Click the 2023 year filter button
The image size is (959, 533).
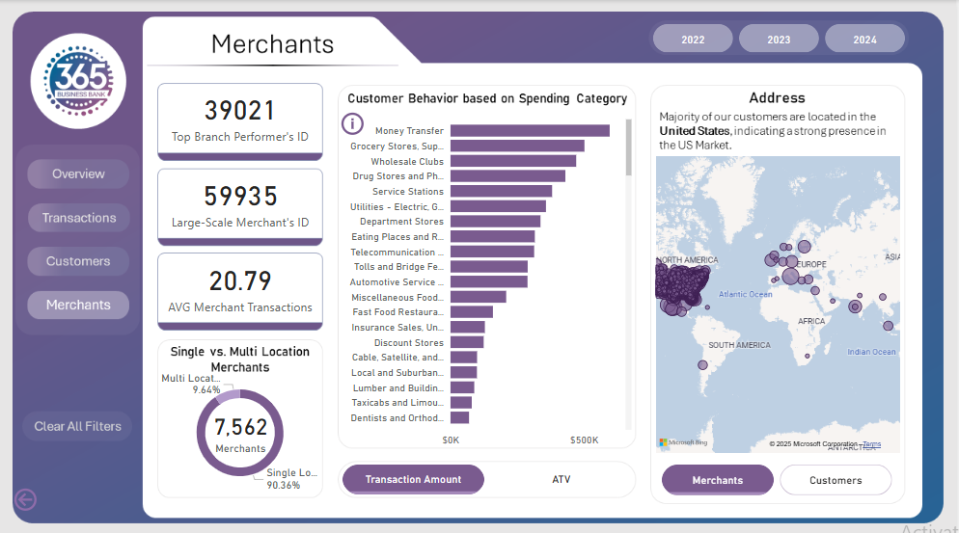point(779,40)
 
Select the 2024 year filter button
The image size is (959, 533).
point(864,40)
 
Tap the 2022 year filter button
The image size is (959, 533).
point(693,40)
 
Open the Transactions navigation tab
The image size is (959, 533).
point(79,218)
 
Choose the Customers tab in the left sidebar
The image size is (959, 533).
point(79,261)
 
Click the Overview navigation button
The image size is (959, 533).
point(79,174)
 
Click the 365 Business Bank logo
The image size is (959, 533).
point(78,80)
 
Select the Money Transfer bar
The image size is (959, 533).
point(530,131)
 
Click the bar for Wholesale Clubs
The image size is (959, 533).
point(513,161)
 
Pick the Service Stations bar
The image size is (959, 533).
point(501,191)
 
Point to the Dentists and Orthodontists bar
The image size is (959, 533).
point(459,417)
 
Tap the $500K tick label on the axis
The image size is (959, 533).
point(583,440)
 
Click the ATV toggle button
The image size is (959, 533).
point(562,479)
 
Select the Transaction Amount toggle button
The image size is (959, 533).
point(413,479)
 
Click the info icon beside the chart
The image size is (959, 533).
point(353,124)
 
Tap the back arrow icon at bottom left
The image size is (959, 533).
point(25,498)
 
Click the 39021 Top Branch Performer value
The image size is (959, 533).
point(240,111)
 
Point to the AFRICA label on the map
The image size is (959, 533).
point(810,321)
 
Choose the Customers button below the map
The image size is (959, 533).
point(836,480)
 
